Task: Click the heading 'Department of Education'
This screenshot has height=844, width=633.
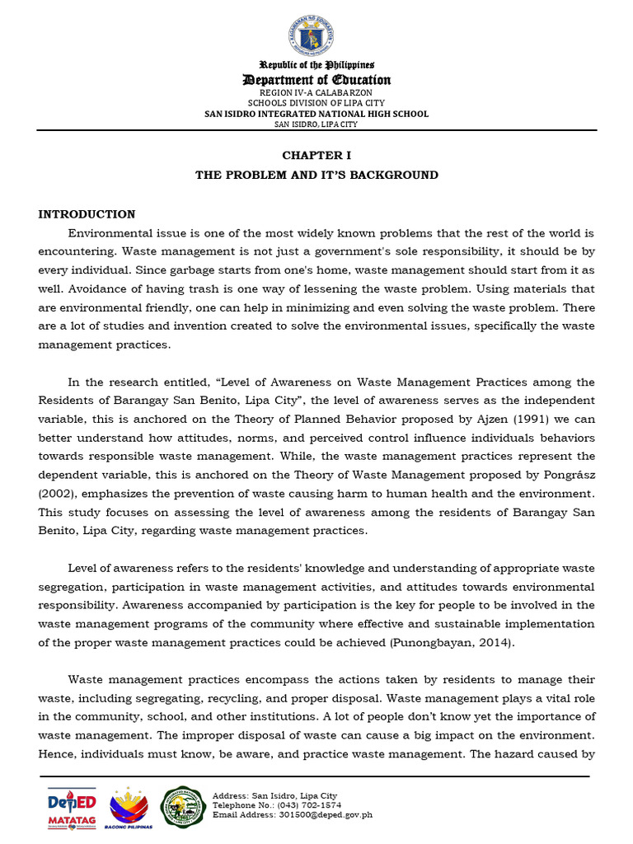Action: coord(316,80)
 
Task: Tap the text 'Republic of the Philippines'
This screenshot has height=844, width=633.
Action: coord(316,64)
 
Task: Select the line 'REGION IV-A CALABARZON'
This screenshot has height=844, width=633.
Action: coord(316,92)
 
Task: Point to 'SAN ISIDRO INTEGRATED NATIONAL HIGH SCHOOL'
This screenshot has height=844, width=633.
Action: coord(316,114)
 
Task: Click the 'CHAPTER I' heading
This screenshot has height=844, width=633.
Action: coord(316,155)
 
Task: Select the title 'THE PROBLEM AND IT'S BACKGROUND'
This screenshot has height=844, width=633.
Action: coord(316,175)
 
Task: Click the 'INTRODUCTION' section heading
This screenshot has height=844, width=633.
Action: coord(87,214)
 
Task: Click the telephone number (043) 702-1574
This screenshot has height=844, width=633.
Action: coord(308,805)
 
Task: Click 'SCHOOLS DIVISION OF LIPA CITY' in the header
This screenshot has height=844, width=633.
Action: coord(316,103)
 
